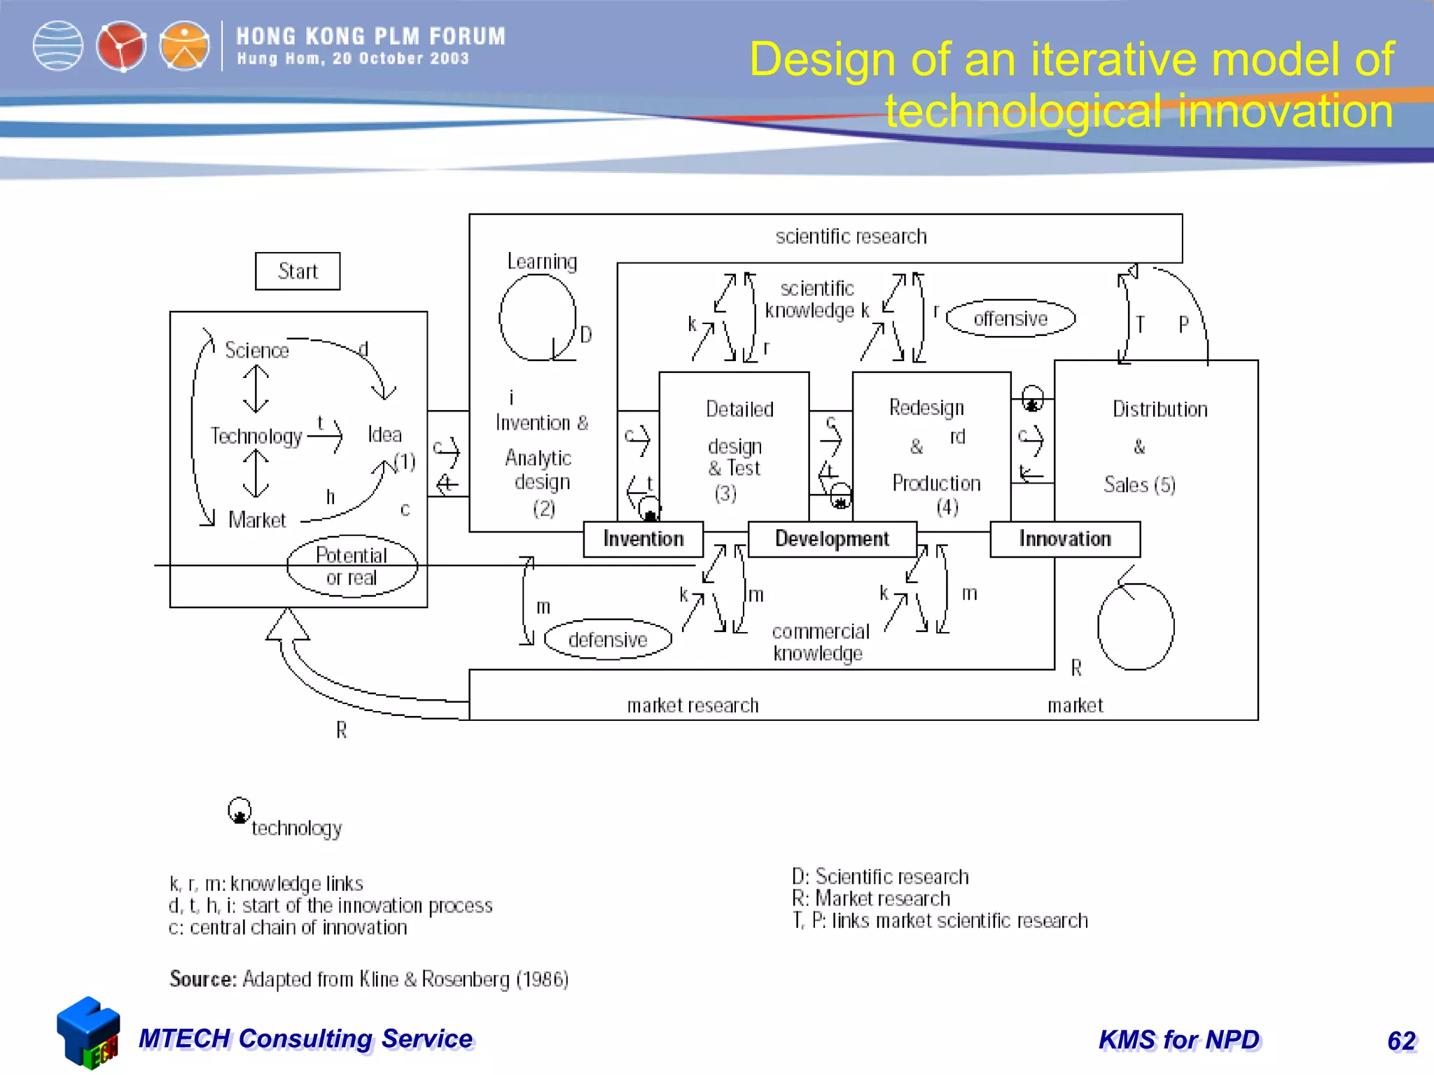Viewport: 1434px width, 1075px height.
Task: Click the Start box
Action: [298, 272]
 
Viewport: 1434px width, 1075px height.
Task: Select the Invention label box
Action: [643, 539]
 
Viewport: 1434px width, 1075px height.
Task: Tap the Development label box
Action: [832, 539]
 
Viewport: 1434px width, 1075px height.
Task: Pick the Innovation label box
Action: [1065, 539]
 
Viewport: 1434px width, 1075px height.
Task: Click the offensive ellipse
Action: [1010, 319]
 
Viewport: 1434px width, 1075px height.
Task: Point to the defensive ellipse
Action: [608, 640]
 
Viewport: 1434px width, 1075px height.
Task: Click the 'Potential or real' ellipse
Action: [351, 566]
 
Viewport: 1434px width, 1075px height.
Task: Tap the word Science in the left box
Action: [257, 350]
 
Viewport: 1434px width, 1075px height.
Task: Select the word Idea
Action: [384, 435]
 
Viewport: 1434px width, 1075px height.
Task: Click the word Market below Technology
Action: [257, 520]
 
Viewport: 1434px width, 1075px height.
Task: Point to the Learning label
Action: [542, 262]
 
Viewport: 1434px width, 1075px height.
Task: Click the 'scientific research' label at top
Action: [851, 237]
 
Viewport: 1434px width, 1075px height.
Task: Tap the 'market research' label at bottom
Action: [692, 705]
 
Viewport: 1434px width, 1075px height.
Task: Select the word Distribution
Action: [1160, 409]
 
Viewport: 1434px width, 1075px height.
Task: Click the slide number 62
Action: [1401, 1041]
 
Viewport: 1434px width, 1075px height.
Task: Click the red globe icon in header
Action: [121, 46]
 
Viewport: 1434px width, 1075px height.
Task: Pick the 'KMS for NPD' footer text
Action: [1179, 1040]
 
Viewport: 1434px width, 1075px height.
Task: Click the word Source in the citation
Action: [203, 979]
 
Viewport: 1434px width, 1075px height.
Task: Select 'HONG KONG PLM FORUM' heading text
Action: [370, 36]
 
